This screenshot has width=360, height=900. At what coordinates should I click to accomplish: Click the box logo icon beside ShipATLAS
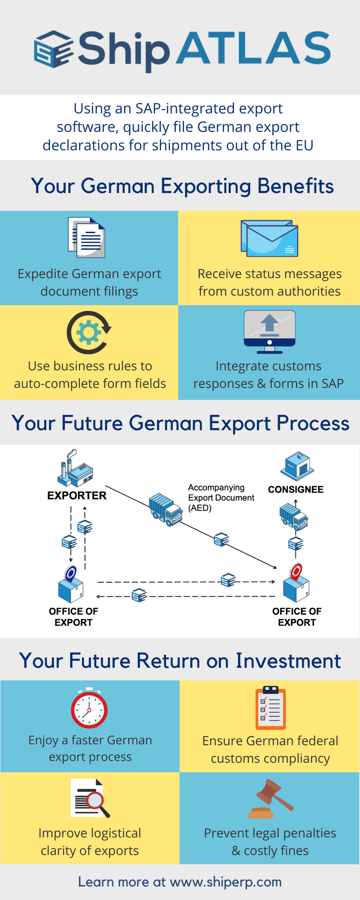[54, 49]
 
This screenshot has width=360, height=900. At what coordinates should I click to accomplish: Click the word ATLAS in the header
[254, 48]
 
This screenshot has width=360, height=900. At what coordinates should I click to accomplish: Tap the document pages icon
[87, 237]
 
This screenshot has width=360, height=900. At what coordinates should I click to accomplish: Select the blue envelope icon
[269, 238]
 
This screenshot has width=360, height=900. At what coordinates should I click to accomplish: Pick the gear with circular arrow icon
[89, 333]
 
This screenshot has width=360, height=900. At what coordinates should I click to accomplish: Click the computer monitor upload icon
[269, 331]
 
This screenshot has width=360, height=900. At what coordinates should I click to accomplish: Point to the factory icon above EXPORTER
[75, 468]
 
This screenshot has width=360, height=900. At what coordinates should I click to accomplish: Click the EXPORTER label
[77, 495]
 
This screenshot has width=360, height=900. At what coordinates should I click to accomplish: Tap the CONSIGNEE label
[296, 490]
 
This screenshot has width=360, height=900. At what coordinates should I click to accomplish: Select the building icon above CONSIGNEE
[297, 466]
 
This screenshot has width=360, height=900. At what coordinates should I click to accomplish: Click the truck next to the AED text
[166, 509]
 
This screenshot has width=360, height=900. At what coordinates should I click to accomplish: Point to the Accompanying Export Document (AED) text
[221, 498]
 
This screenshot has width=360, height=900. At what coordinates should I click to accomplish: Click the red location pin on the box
[296, 572]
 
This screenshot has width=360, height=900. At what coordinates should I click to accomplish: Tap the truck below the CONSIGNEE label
[293, 517]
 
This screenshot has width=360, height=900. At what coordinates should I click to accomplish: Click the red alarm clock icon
[89, 709]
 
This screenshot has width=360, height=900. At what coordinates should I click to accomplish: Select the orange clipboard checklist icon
[270, 707]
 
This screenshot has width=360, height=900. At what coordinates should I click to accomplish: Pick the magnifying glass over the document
[96, 802]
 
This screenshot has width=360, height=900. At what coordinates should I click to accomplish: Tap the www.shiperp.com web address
[225, 882]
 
